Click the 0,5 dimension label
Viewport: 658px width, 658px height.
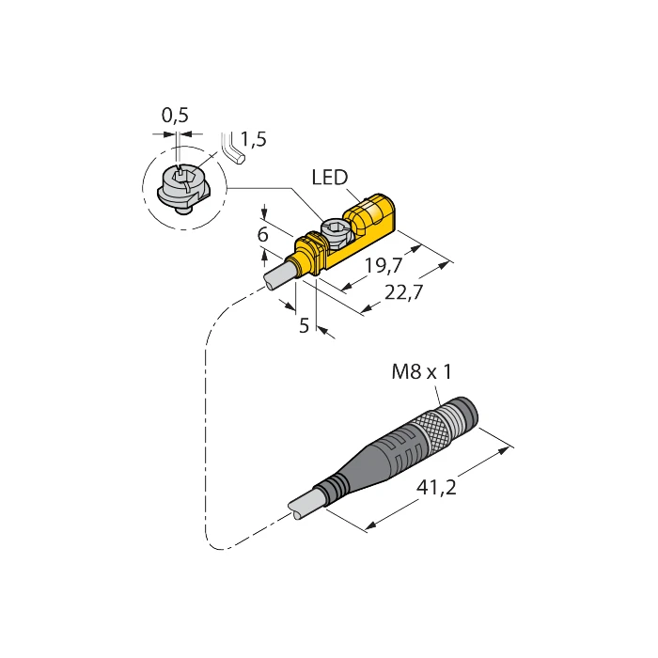tap(175, 116)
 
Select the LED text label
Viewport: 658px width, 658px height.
tap(329, 178)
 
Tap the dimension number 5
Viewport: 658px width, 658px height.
tap(304, 326)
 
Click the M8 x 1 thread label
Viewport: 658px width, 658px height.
tap(421, 373)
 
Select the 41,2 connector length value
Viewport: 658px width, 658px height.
tap(435, 489)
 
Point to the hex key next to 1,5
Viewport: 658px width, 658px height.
tap(231, 149)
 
